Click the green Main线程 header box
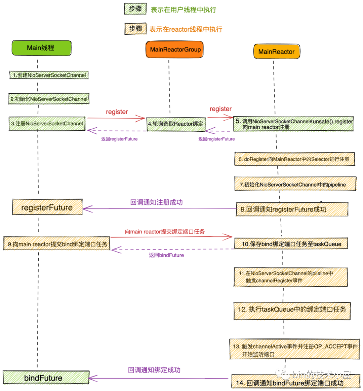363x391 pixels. pyautogui.click(x=41, y=48)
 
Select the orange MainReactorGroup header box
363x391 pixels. pyautogui.click(x=175, y=50)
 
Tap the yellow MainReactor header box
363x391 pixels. pyautogui.click(x=276, y=52)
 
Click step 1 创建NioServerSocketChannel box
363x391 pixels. pyautogui.click(x=49, y=75)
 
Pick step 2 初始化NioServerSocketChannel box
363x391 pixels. pyautogui.click(x=49, y=99)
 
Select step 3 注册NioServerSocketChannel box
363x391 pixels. pyautogui.click(x=47, y=124)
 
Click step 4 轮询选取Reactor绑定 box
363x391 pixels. pyautogui.click(x=176, y=124)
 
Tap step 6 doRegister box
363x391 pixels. pyautogui.click(x=294, y=159)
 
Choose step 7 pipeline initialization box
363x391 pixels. pyautogui.click(x=295, y=184)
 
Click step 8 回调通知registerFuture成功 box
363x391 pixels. pyautogui.click(x=292, y=209)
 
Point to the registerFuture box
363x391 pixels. pyautogui.click(x=47, y=207)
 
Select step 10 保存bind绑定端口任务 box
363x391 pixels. pyautogui.click(x=291, y=244)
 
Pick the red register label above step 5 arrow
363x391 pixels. pyautogui.click(x=220, y=109)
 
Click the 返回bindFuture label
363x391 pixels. pyautogui.click(x=166, y=255)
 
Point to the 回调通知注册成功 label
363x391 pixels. pyautogui.click(x=157, y=202)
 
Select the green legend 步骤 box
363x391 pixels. pyautogui.click(x=135, y=9)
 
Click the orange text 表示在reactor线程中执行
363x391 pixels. pyautogui.click(x=186, y=29)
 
